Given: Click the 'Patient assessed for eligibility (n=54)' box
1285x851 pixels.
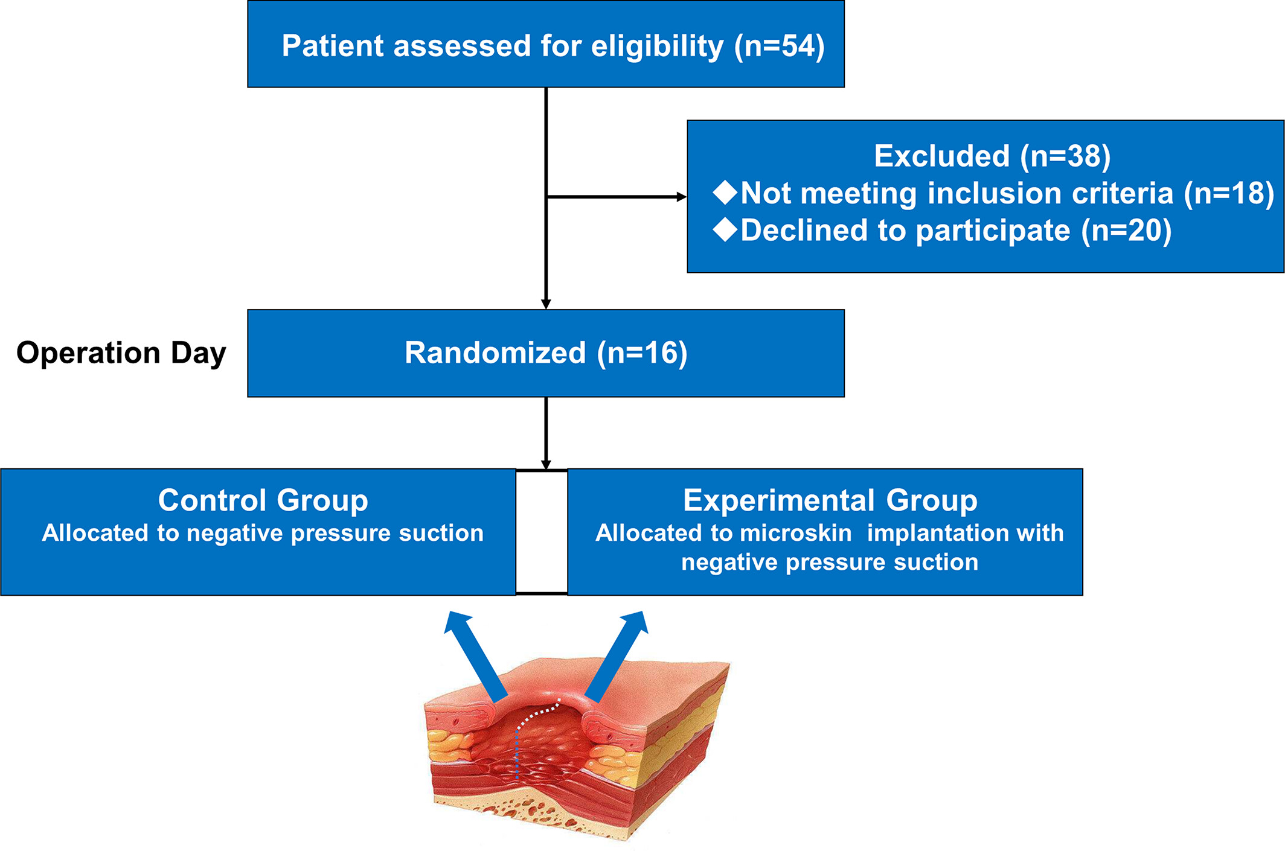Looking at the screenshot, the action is (546, 44).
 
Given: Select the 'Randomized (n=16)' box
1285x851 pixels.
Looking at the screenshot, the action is (546, 353).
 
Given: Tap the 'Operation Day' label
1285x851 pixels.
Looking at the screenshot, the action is (121, 353).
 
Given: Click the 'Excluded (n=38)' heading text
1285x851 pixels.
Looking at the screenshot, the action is (992, 156).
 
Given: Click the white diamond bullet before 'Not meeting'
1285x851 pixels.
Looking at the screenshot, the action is (725, 193).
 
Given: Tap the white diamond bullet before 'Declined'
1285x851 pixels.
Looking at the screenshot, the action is (725, 230).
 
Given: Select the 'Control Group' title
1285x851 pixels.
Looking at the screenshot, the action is (263, 500).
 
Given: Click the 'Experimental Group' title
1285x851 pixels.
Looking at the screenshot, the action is (830, 500).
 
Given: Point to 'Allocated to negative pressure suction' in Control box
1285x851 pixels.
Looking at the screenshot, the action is (263, 533).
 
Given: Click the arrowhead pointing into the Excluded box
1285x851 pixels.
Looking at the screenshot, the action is (682, 197).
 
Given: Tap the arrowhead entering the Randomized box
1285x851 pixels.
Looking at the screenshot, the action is (546, 304).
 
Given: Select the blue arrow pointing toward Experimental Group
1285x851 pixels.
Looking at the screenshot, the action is (617, 657).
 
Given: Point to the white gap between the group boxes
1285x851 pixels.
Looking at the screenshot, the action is (542, 532).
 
